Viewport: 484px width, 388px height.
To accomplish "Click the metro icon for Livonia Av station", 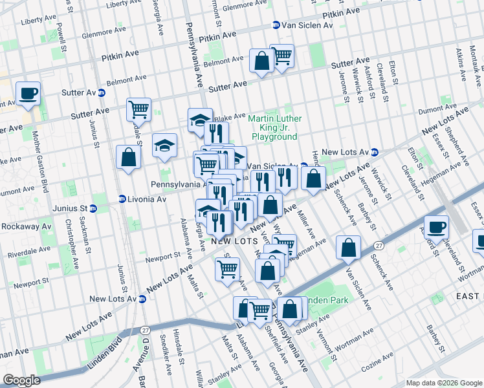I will click(121, 199).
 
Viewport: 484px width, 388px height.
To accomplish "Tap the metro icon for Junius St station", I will click(93, 208).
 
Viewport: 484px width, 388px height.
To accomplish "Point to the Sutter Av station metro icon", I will click(102, 92).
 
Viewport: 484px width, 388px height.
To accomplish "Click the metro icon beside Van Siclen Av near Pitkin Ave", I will click(276, 25).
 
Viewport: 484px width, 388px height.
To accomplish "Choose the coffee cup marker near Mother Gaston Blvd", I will click(28, 93).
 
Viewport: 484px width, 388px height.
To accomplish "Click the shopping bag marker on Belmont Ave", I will click(261, 62).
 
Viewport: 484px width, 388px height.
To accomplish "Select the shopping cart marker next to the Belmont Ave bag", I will click(282, 56).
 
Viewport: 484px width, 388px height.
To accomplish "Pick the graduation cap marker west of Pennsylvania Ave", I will click(165, 145).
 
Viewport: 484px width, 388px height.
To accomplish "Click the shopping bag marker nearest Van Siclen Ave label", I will click(349, 249).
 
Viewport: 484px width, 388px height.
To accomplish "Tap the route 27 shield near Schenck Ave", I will click(378, 246).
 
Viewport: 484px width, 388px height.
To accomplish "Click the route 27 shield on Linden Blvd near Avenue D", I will click(139, 330).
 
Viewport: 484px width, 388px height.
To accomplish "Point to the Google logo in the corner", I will click(21, 380).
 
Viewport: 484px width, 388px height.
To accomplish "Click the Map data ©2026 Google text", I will click(443, 383).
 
